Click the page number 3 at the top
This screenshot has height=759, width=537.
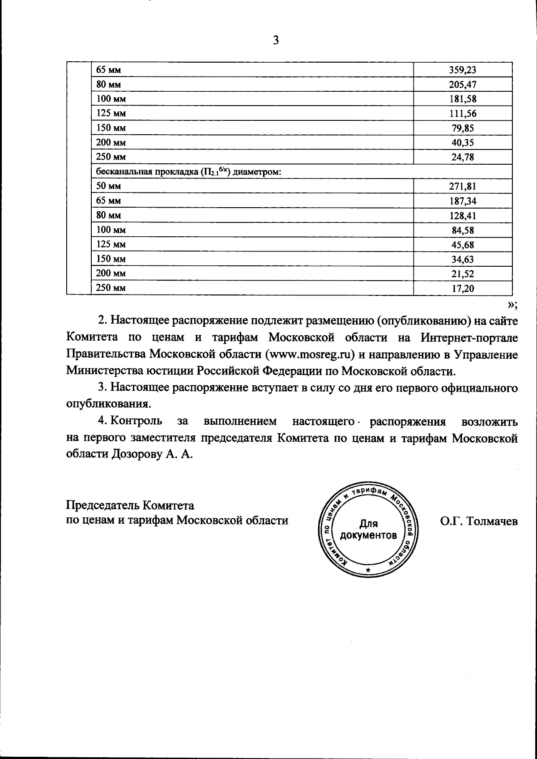pyautogui.click(x=276, y=40)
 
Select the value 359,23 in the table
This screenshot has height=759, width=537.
pyautogui.click(x=462, y=70)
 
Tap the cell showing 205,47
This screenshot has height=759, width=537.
pyautogui.click(x=462, y=85)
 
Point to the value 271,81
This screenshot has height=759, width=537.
pyautogui.click(x=462, y=186)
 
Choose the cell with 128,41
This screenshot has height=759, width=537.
pyautogui.click(x=462, y=216)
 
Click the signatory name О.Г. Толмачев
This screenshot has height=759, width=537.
pyautogui.click(x=479, y=521)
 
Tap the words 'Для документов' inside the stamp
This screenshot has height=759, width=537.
pyautogui.click(x=368, y=529)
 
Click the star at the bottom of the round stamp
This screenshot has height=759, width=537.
pyautogui.click(x=368, y=570)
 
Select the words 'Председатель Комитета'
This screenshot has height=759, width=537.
pyautogui.click(x=130, y=505)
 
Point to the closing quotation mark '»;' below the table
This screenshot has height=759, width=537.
pyautogui.click(x=512, y=305)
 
